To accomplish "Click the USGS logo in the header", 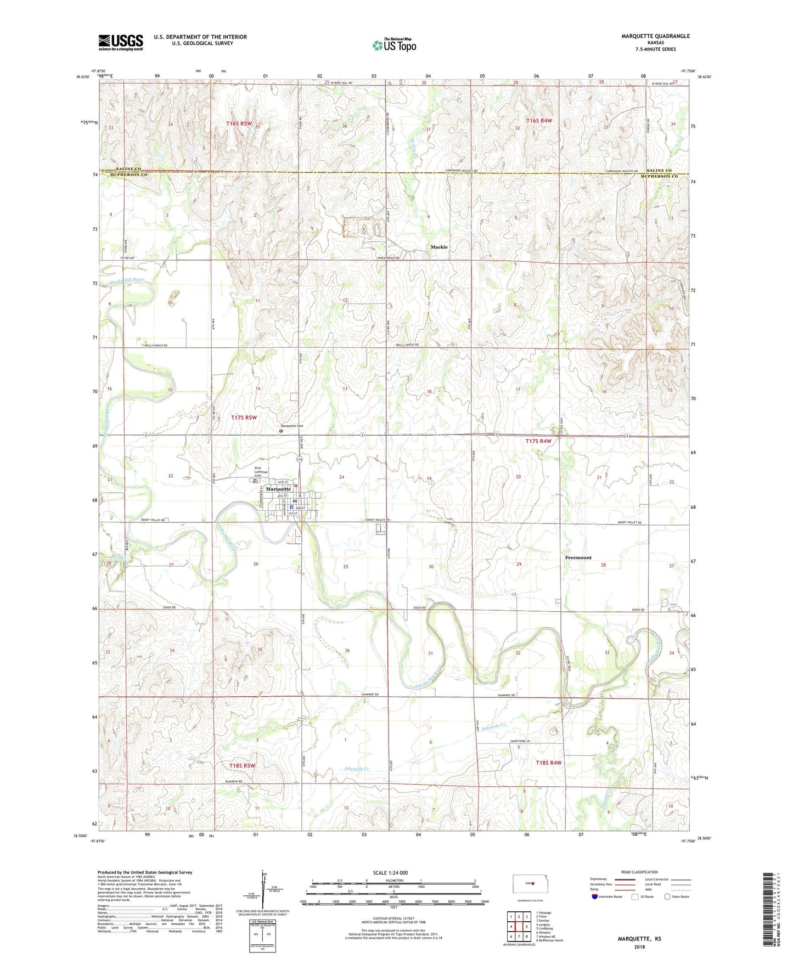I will tap(121, 42).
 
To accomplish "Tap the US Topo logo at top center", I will tap(394, 45).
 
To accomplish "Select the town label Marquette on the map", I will tap(278, 489).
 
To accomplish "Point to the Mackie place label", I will tap(439, 247).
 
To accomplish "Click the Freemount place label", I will tap(578, 557).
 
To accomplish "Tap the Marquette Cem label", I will tap(292, 426).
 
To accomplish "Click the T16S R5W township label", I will tap(239, 123).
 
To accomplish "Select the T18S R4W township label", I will tap(549, 763).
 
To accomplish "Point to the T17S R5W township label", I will tap(244, 418).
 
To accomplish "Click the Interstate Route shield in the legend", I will tap(596, 897).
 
